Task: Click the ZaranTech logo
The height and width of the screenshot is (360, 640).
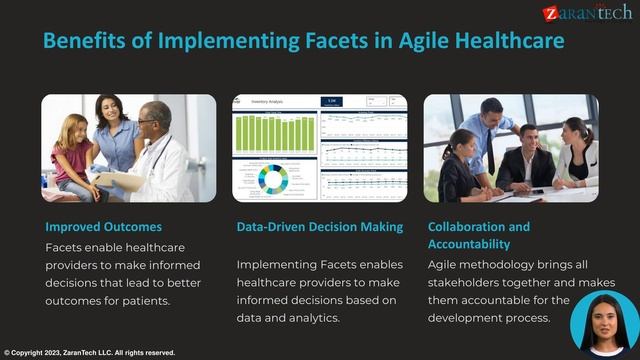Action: tap(588, 12)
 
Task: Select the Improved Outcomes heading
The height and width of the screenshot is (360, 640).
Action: tap(103, 227)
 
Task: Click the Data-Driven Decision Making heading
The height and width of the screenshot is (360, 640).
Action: tap(319, 227)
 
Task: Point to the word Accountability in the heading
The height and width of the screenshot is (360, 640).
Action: tap(469, 244)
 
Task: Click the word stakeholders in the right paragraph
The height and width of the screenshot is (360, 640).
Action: tap(469, 282)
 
